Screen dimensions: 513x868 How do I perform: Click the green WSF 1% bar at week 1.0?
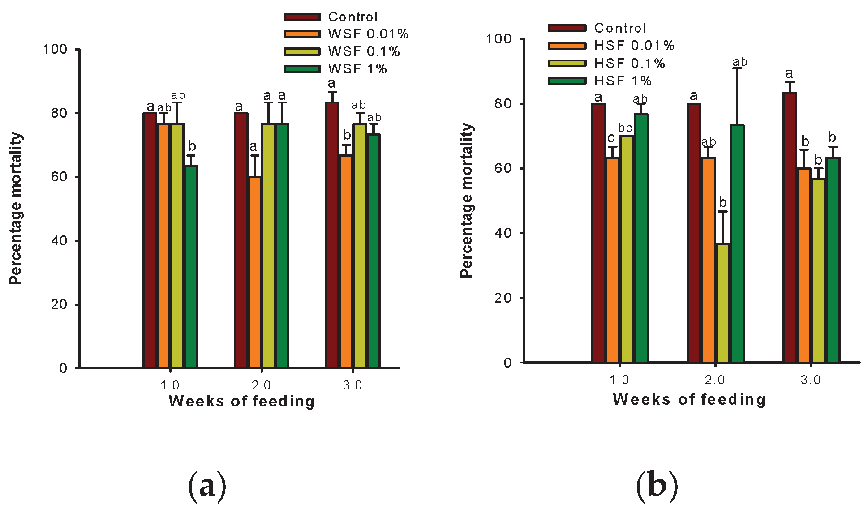[192, 267]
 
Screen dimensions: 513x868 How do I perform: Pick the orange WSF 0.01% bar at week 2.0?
[254, 272]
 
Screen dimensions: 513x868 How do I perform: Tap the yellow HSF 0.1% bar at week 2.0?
[722, 303]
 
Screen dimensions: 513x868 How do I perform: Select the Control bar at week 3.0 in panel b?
[790, 227]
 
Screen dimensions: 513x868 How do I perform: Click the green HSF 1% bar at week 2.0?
[737, 244]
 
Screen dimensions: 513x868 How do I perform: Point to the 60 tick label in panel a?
[59, 177]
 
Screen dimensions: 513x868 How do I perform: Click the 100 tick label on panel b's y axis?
[499, 39]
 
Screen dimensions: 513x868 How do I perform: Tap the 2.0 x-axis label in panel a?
[261, 385]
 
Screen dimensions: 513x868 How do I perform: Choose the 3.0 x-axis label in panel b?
[811, 380]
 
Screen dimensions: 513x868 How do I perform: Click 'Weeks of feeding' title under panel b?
[689, 399]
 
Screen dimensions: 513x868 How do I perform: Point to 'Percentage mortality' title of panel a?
[16, 208]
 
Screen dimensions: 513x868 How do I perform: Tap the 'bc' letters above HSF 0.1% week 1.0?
[625, 128]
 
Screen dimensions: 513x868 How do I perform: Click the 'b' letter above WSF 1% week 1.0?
[192, 146]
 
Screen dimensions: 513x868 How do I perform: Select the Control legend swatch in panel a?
[302, 17]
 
